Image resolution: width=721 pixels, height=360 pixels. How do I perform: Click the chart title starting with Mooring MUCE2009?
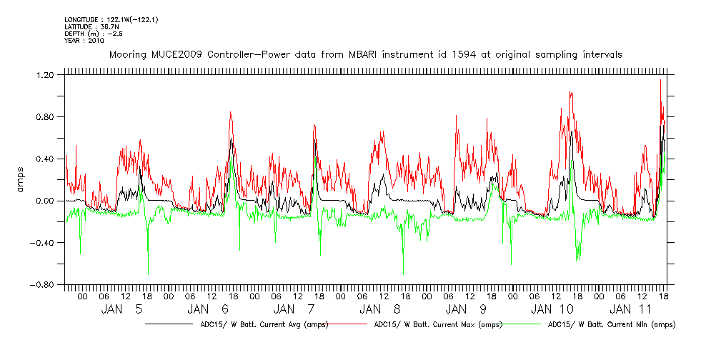[365, 54]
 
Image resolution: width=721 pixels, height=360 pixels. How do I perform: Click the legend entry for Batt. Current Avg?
[265, 324]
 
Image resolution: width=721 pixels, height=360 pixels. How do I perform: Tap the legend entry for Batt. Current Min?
[612, 324]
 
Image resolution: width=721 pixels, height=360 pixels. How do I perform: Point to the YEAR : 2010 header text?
[84, 41]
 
